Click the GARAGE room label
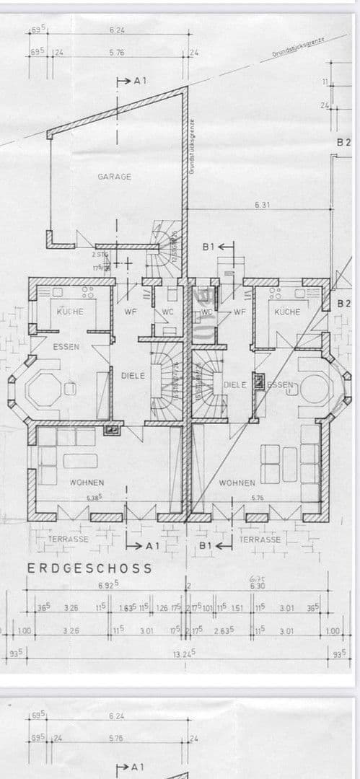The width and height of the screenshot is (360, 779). [x=115, y=177]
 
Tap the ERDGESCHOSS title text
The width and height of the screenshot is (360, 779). [x=90, y=568]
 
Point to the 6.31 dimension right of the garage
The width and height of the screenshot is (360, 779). [x=262, y=206]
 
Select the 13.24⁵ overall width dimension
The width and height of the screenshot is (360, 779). [x=185, y=653]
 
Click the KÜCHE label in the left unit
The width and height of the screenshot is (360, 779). [x=71, y=312]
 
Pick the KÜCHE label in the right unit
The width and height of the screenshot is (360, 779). [x=287, y=312]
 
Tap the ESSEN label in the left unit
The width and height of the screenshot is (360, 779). [x=66, y=347]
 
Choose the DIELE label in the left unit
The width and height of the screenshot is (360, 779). [x=133, y=375]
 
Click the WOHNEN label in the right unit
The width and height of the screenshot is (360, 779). [x=237, y=483]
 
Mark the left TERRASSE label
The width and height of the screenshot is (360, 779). [x=69, y=539]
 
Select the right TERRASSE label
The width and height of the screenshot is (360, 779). [x=260, y=539]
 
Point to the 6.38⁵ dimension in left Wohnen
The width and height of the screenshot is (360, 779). [x=95, y=497]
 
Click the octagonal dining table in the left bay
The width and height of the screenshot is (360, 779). [x=45, y=389]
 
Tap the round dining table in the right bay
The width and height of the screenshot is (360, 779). [x=315, y=388]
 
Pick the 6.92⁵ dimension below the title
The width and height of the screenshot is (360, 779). [x=108, y=585]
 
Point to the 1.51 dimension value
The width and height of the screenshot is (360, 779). [x=237, y=608]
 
